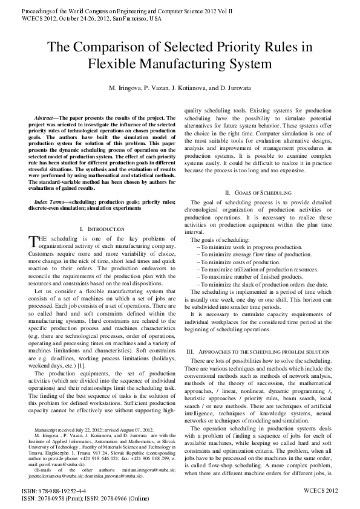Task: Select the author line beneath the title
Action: click(179, 88)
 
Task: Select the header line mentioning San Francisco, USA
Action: click(91, 18)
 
